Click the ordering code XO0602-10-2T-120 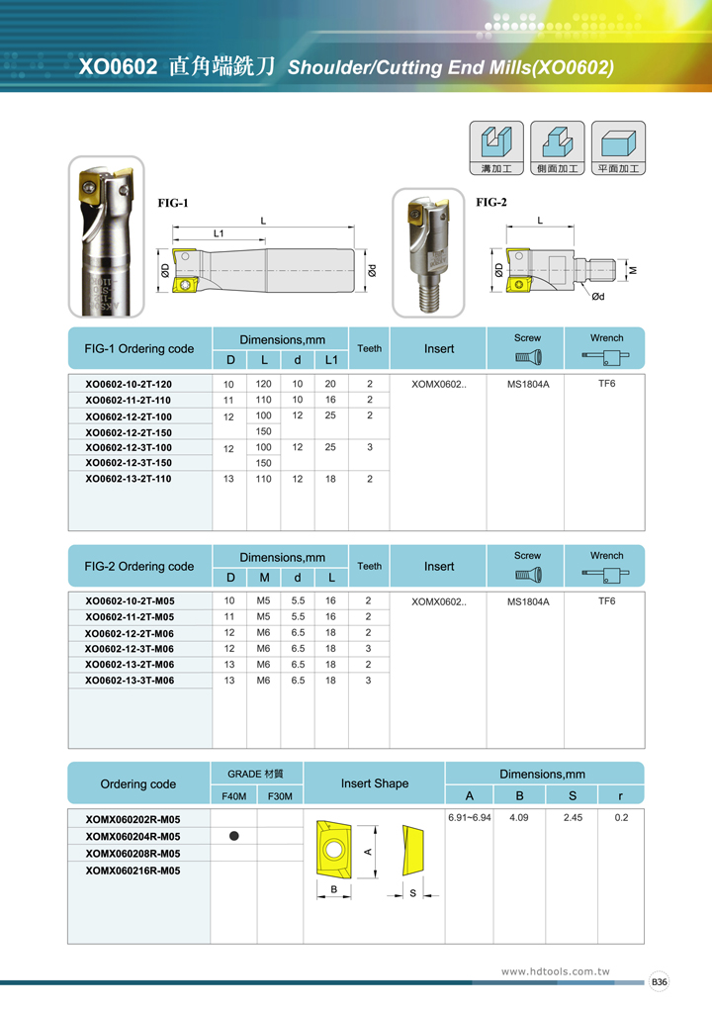coord(129,384)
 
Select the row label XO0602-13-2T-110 coord(129,479)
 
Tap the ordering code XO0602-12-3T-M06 coord(130,649)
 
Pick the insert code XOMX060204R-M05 coord(133,837)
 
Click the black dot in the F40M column coord(234,836)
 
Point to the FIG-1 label coord(173,204)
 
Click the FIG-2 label coord(491,203)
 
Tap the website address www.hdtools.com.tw coord(556,971)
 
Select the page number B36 coord(660,982)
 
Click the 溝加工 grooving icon coord(496,148)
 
